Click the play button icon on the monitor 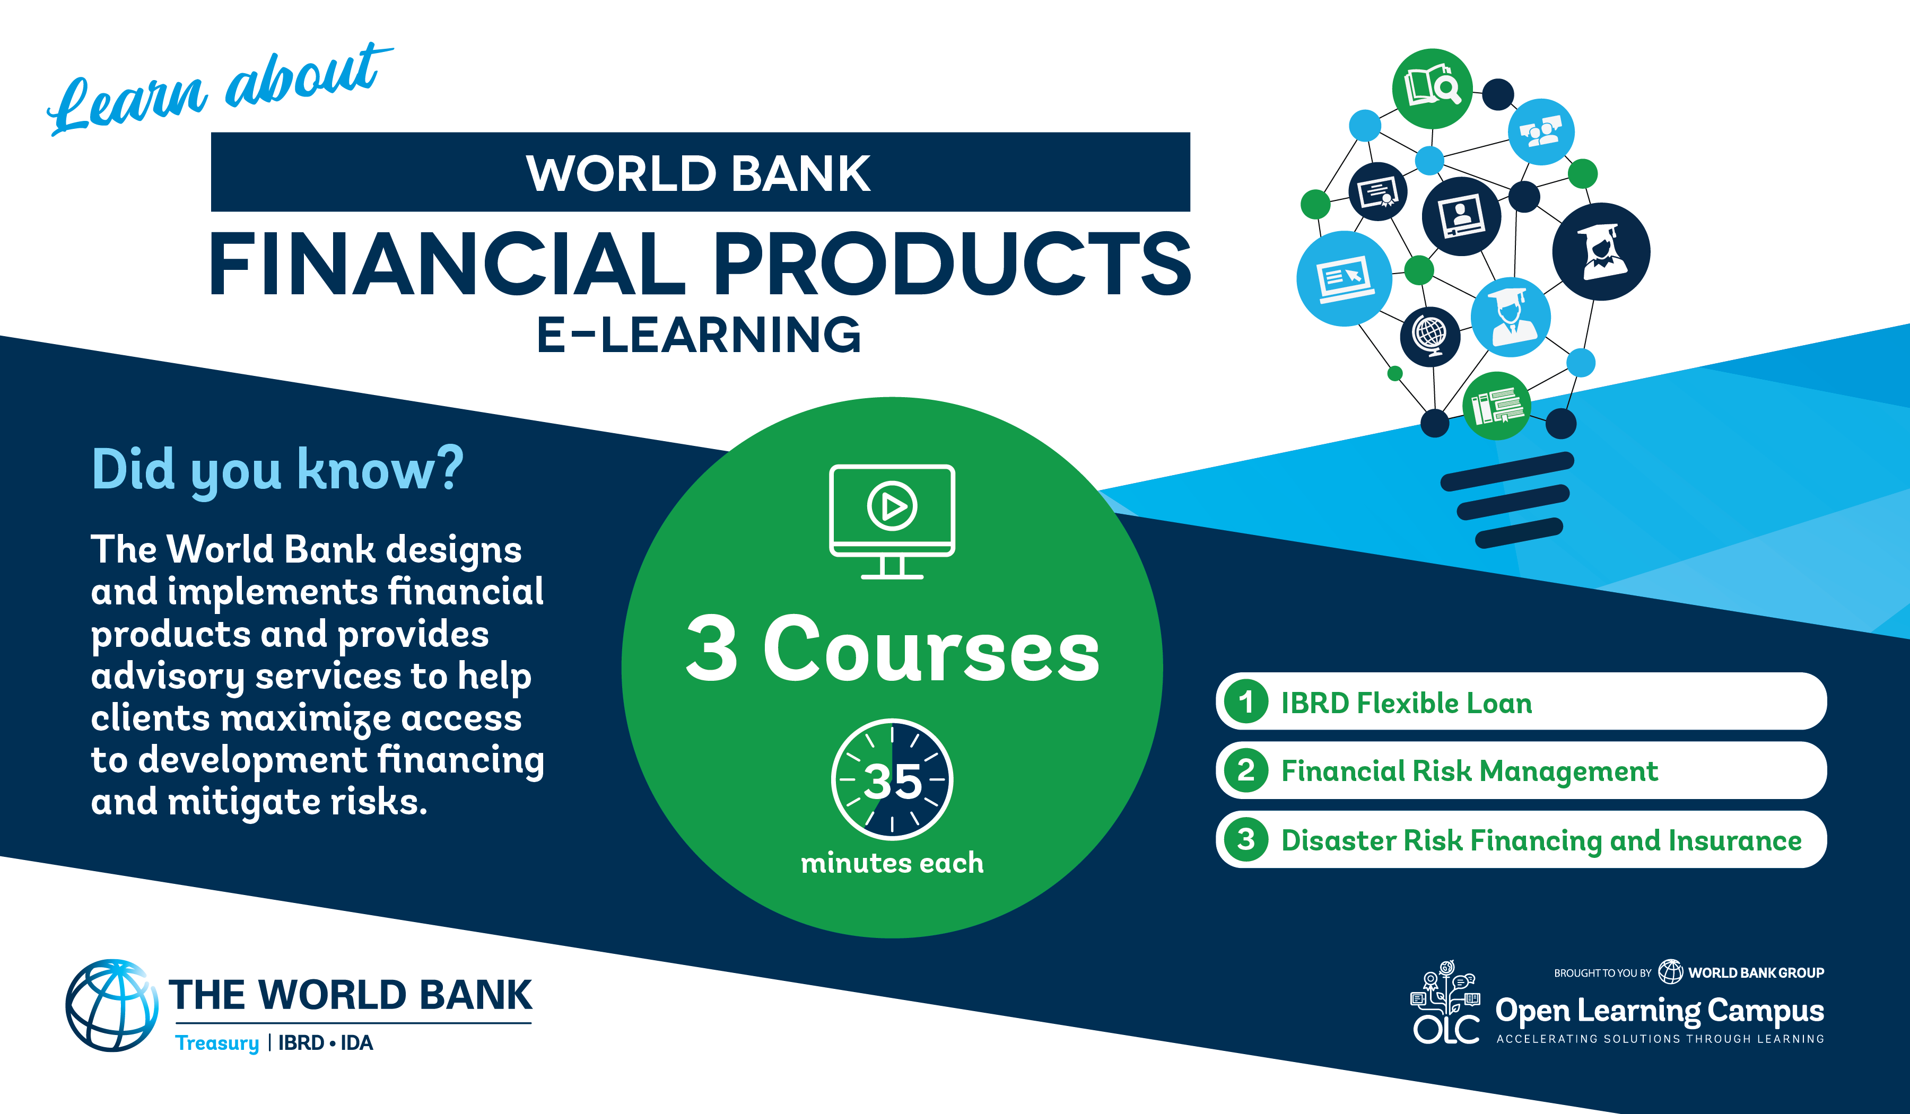[892, 505]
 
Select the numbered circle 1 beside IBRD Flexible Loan [1246, 701]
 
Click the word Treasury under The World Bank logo [217, 1043]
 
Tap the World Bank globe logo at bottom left [112, 1006]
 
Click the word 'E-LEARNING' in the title [699, 335]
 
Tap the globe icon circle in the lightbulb [1430, 336]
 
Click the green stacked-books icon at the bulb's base [1497, 406]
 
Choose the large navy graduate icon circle [1601, 252]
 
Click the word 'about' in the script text [307, 76]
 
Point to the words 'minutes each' [892, 863]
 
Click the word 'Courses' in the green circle [931, 650]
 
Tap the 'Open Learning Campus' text [1660, 1012]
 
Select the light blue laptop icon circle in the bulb [1345, 279]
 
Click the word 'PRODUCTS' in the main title [953, 263]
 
